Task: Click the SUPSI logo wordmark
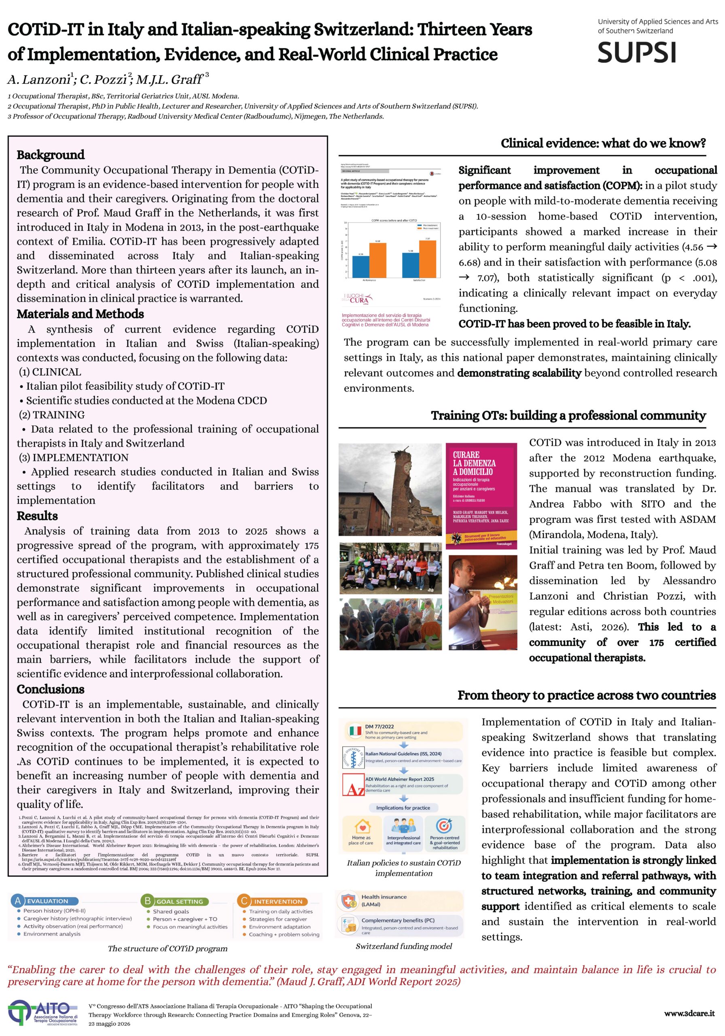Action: pyautogui.click(x=636, y=52)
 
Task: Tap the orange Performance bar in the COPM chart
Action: pyautogui.click(x=377, y=260)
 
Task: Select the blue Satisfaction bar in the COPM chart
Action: pyautogui.click(x=410, y=265)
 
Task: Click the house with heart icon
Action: pyautogui.click(x=362, y=826)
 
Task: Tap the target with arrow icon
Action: pyautogui.click(x=444, y=825)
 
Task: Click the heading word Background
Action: pyautogui.click(x=51, y=155)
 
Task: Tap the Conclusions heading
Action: pyautogui.click(x=51, y=689)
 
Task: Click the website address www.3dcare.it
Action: pyautogui.click(x=689, y=1013)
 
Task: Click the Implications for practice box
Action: pyautogui.click(x=403, y=807)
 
